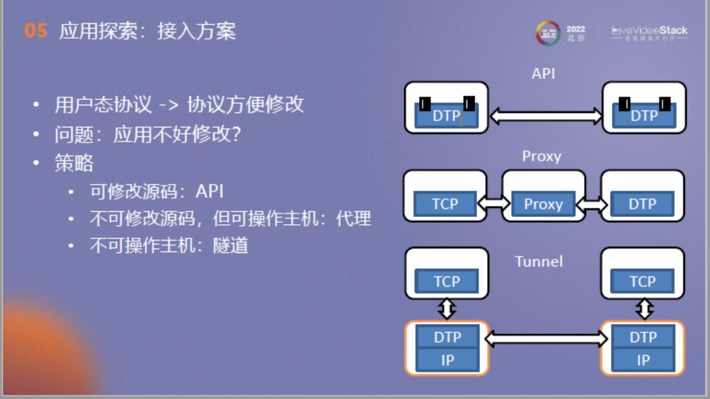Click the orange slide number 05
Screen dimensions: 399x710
click(x=35, y=31)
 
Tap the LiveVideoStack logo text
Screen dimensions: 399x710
click(x=650, y=30)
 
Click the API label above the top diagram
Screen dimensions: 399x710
click(x=544, y=73)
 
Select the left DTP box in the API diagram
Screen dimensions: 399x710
click(x=446, y=115)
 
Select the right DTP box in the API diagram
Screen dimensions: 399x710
click(x=644, y=115)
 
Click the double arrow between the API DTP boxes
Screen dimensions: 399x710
click(x=546, y=117)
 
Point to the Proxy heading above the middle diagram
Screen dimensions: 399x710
click(x=542, y=156)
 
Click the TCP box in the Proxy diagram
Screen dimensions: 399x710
click(x=445, y=204)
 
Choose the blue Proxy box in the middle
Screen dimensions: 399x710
click(x=543, y=204)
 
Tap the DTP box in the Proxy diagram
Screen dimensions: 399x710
click(x=642, y=204)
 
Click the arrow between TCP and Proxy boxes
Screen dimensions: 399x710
click(x=494, y=204)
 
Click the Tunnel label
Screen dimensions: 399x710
click(x=539, y=261)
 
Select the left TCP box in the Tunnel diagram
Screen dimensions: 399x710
click(x=447, y=282)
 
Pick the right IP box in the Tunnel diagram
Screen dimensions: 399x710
click(x=643, y=360)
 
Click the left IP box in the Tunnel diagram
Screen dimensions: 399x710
click(x=447, y=360)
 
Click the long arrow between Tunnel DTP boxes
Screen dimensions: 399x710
click(x=546, y=339)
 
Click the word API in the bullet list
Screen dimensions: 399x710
click(x=210, y=191)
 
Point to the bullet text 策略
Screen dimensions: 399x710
click(x=74, y=163)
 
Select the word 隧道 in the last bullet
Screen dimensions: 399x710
click(x=231, y=245)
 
